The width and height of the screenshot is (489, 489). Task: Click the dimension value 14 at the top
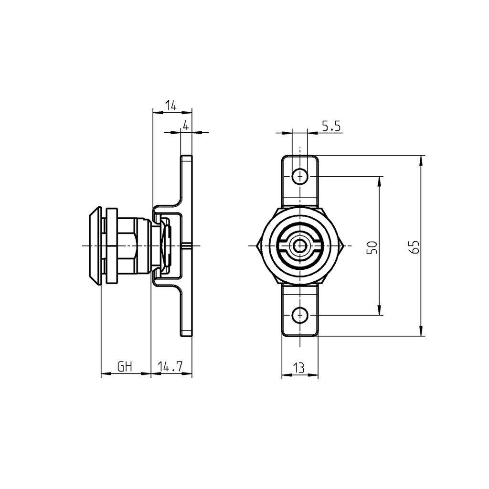[x=170, y=106]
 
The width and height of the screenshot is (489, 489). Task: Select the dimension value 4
[x=186, y=126]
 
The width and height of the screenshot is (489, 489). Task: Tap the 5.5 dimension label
[x=330, y=127]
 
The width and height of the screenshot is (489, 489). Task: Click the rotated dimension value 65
[x=415, y=247]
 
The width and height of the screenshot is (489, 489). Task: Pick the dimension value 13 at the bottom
[x=299, y=368]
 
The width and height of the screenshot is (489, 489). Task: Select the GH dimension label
[x=125, y=367]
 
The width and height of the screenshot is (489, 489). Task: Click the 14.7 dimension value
[x=170, y=367]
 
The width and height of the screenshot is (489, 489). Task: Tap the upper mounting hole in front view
[x=299, y=176]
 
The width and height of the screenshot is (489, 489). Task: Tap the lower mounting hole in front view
[x=299, y=315]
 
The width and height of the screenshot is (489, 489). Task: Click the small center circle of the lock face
[x=299, y=246]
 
